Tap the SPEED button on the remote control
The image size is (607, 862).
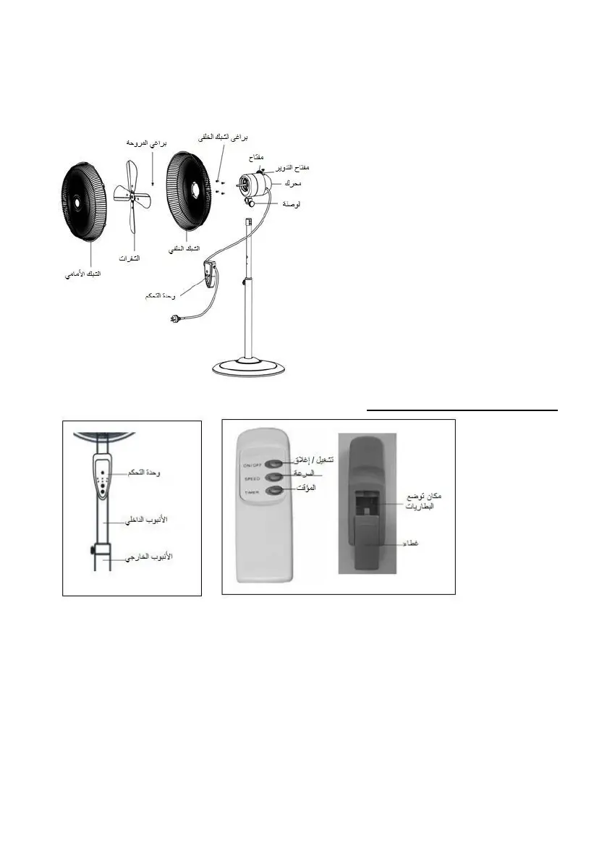[274, 477]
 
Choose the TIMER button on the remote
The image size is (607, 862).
[274, 491]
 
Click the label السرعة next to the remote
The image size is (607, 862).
[307, 475]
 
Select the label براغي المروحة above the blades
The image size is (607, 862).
[147, 143]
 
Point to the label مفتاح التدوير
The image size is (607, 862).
[294, 169]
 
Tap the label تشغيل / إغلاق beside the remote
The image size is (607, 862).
[313, 460]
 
